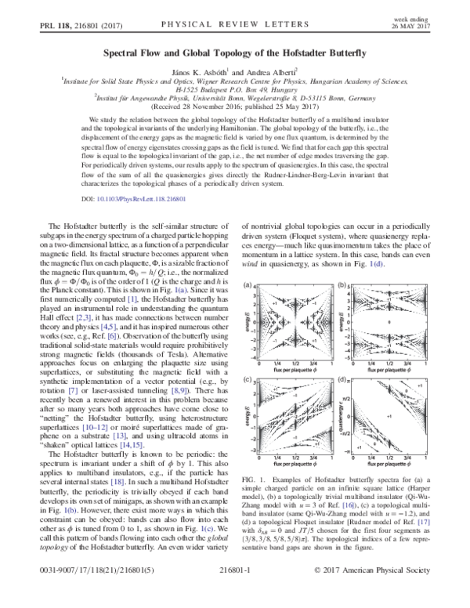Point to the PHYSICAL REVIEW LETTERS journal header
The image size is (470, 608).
coord(237,24)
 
